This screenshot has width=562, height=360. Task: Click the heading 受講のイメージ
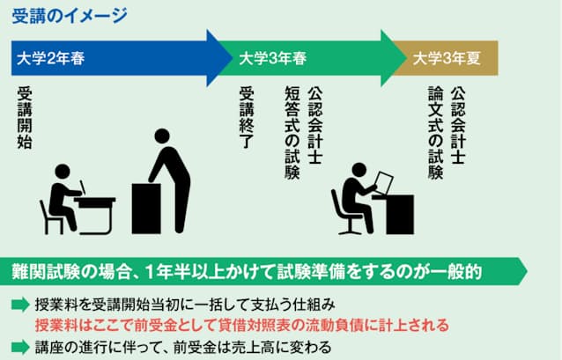[70, 16]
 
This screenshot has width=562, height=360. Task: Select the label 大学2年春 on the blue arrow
[50, 58]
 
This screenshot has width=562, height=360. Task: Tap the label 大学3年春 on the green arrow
[272, 58]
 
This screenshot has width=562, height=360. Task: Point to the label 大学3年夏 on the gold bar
[447, 58]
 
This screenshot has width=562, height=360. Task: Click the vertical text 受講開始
[25, 118]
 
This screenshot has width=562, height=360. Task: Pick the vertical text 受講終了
[247, 118]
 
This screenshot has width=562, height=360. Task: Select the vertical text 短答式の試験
[292, 133]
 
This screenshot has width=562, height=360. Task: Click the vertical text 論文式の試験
[435, 133]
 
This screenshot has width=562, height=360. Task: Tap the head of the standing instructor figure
[162, 136]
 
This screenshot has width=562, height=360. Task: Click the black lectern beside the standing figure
[146, 209]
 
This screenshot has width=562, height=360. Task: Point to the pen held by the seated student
[83, 187]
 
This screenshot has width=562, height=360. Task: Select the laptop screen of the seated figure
[384, 183]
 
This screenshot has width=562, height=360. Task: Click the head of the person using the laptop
[359, 171]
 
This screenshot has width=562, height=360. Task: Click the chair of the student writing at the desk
[51, 217]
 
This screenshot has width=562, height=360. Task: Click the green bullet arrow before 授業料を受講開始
[20, 305]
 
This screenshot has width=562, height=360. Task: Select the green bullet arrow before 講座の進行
[20, 347]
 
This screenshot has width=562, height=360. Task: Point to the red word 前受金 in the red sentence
[154, 326]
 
